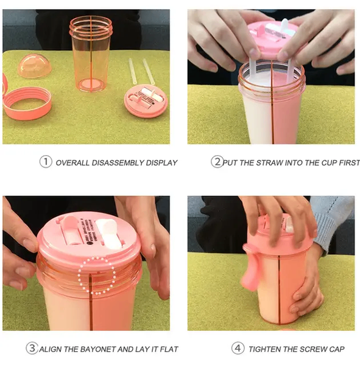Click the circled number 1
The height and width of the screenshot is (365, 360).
coord(46,162)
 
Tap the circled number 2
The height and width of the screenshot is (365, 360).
coord(217,162)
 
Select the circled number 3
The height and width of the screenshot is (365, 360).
coord(32,348)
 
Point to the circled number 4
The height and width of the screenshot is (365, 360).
coord(238,348)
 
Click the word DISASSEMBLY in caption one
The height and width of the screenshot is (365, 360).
coord(118,162)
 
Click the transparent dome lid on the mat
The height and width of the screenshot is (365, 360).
coord(35,66)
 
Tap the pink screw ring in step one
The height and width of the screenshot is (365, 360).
coord(27,103)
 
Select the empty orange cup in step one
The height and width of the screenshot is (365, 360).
coord(91,54)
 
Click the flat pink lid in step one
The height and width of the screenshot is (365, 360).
coord(146,101)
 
